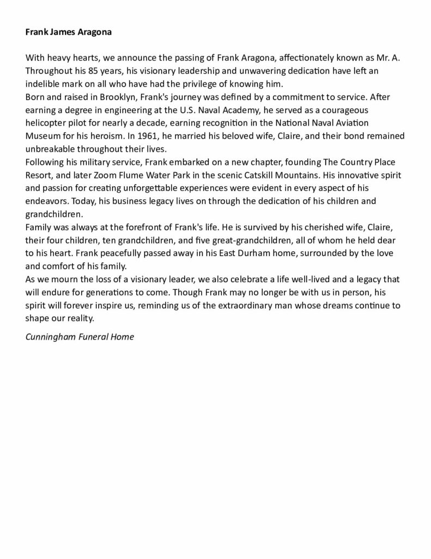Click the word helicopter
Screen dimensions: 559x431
click(47, 122)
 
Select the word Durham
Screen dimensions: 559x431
click(221, 254)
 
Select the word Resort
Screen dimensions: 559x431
click(40, 175)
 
